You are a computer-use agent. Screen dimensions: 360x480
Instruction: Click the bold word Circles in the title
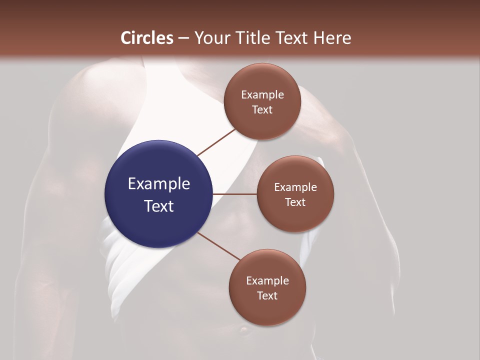point(147,38)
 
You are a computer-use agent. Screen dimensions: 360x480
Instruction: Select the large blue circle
point(158,194)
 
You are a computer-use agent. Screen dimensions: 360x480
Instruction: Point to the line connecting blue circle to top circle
point(217,142)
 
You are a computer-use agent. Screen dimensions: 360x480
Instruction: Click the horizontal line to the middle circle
point(235,194)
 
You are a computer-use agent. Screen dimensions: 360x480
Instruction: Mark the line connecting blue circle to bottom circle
point(219,246)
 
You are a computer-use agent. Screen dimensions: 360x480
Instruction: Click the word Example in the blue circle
point(158,183)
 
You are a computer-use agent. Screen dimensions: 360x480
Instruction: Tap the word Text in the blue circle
point(158,206)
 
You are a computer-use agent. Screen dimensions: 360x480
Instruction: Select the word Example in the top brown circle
point(262,94)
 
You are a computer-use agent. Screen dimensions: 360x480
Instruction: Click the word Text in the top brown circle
point(262,109)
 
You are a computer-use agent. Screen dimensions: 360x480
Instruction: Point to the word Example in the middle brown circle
point(295,187)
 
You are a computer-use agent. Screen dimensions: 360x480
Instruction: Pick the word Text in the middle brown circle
point(295,202)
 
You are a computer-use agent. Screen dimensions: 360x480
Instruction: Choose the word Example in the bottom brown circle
point(267,280)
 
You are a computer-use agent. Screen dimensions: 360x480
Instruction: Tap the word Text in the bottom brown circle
point(267,295)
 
